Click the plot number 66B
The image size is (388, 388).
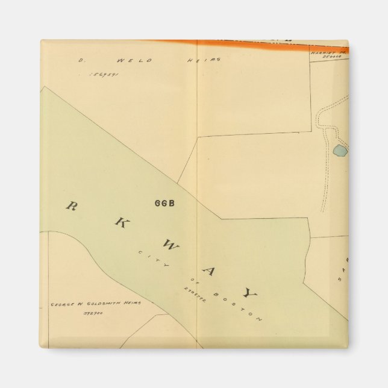pos(164,203)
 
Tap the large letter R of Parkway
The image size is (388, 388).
pos(71,206)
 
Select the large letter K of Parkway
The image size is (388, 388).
pos(119,222)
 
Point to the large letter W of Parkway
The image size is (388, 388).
pos(169,246)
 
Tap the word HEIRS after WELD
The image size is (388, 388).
pos(207,60)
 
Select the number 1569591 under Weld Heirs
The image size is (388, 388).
pos(104,75)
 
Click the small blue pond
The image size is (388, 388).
pos(340,151)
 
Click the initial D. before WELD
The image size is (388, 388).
pos(80,60)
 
